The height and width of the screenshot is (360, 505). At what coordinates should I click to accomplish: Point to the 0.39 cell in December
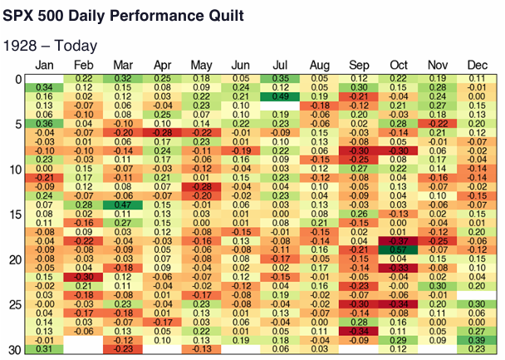[x=476, y=340]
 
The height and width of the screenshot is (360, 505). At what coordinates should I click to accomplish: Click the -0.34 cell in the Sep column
[x=359, y=331]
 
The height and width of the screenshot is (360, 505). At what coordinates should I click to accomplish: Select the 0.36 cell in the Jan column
[x=45, y=123]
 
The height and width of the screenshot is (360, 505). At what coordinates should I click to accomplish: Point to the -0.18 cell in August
[x=319, y=105]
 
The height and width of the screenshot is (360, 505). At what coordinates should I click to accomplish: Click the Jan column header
[x=45, y=65]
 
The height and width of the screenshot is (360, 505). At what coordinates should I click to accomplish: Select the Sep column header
[x=359, y=65]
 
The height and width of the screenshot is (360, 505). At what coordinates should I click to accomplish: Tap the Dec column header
[x=476, y=65]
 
